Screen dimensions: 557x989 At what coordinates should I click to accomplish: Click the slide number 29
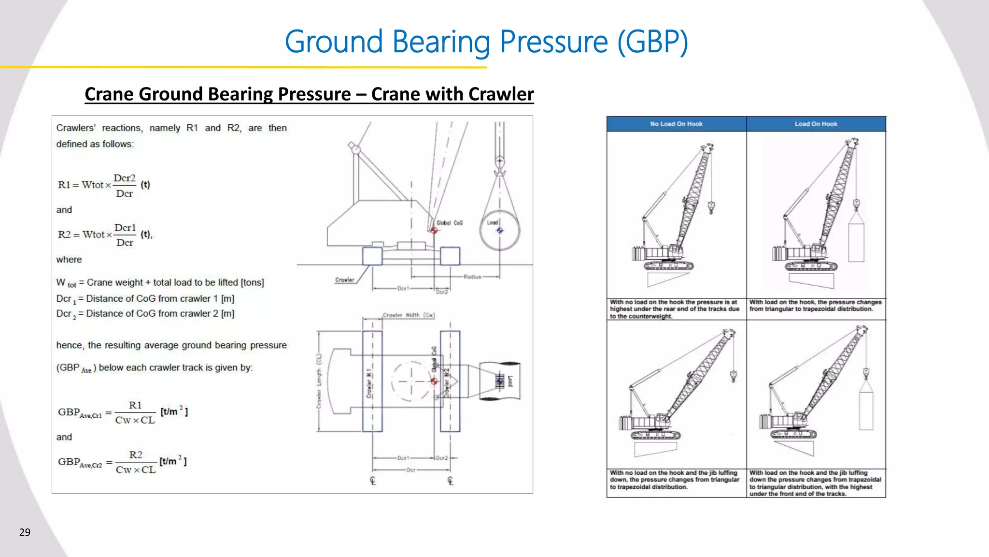pos(25,532)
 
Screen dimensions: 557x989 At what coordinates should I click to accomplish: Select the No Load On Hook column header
pos(676,124)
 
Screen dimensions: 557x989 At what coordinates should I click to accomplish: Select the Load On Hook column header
pos(816,124)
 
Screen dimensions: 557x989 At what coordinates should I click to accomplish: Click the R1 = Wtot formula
pos(104,185)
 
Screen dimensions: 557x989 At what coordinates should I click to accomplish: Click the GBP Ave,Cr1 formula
pos(123,412)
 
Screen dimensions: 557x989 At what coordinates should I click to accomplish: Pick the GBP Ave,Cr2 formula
pos(122,462)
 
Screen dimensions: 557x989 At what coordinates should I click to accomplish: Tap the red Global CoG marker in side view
pos(434,230)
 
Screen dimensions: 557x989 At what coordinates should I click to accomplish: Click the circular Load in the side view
pos(500,230)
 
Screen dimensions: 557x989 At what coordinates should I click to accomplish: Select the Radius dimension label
pos(472,277)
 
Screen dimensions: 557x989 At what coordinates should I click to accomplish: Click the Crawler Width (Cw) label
pos(409,315)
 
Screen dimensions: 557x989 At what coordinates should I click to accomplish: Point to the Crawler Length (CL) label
pos(319,381)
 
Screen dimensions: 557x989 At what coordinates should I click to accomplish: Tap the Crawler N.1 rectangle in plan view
pos(372,381)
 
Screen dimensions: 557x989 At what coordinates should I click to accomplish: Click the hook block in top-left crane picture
pos(711,208)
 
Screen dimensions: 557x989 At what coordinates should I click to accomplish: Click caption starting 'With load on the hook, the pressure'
pos(815,306)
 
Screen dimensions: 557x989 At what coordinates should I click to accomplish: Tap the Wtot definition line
pos(160,282)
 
